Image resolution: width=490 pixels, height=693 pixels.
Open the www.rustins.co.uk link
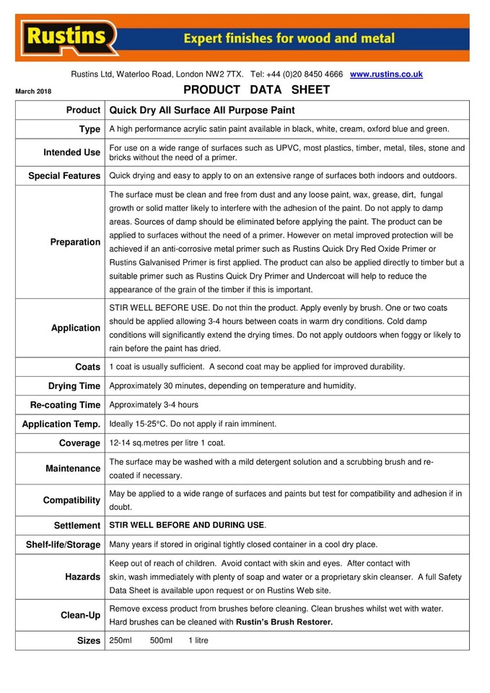pyautogui.click(x=386, y=74)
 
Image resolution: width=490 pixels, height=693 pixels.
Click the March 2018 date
pyautogui.click(x=33, y=92)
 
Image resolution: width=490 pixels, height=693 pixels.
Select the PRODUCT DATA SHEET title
pyautogui.click(x=257, y=90)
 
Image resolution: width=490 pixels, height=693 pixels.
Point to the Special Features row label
pyautogui.click(x=64, y=175)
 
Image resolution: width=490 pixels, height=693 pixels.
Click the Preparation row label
pyautogui.click(x=75, y=242)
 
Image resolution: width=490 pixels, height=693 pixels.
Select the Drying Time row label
pyautogui.click(x=74, y=386)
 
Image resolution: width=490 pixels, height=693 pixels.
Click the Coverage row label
pyautogui.click(x=79, y=443)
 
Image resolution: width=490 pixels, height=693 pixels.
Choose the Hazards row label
pyautogui.click(x=82, y=577)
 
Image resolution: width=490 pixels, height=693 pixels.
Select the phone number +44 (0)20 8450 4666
pyautogui.click(x=305, y=74)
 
